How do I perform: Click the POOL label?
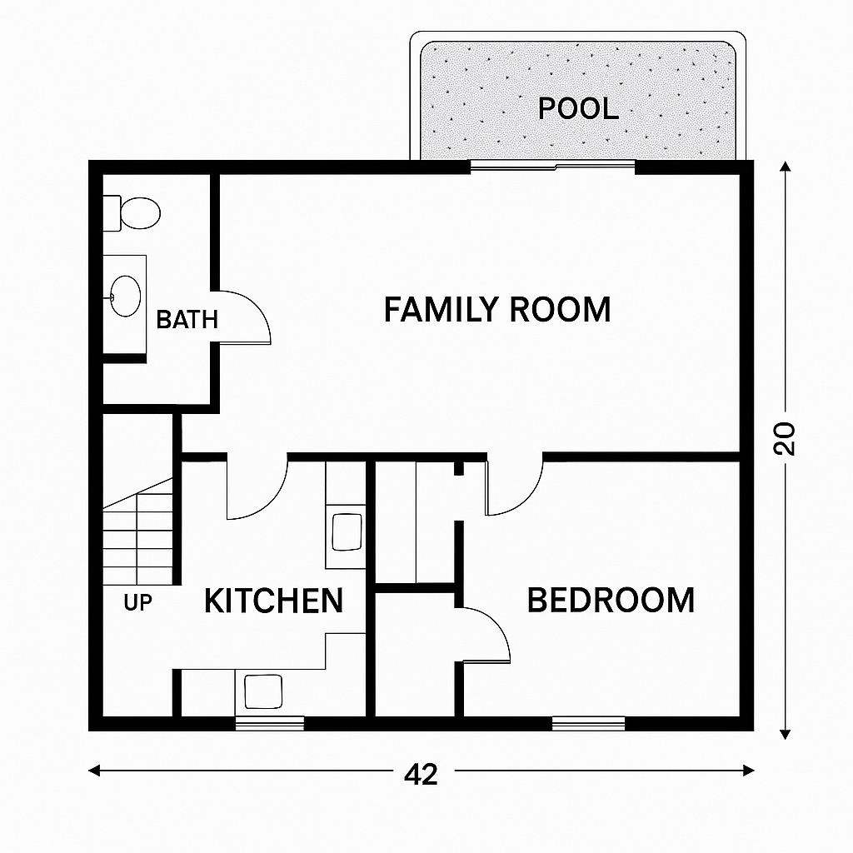[x=578, y=108]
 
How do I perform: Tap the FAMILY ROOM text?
[x=497, y=310]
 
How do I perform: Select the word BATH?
[x=187, y=319]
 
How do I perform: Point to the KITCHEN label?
[x=273, y=601]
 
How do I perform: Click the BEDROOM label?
[x=611, y=600]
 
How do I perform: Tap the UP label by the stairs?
[x=137, y=603]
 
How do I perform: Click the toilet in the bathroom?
[x=132, y=212]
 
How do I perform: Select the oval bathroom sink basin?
[x=125, y=296]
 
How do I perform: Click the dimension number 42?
[x=421, y=774]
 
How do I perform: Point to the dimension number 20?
[x=785, y=438]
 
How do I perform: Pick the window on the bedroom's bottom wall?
[x=589, y=723]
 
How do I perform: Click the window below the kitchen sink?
[x=269, y=723]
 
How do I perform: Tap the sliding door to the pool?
[x=553, y=166]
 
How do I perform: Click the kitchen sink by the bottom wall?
[x=263, y=691]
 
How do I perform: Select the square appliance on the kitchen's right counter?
[x=347, y=532]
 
